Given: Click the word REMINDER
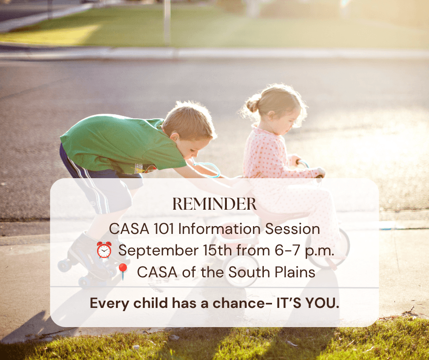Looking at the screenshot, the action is tap(214, 204).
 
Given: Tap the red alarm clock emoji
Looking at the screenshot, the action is tap(104, 250).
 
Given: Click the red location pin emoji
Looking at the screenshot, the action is tap(123, 271).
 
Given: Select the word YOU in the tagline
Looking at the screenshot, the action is tap(322, 303).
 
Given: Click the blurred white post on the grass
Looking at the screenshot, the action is tap(167, 22).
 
